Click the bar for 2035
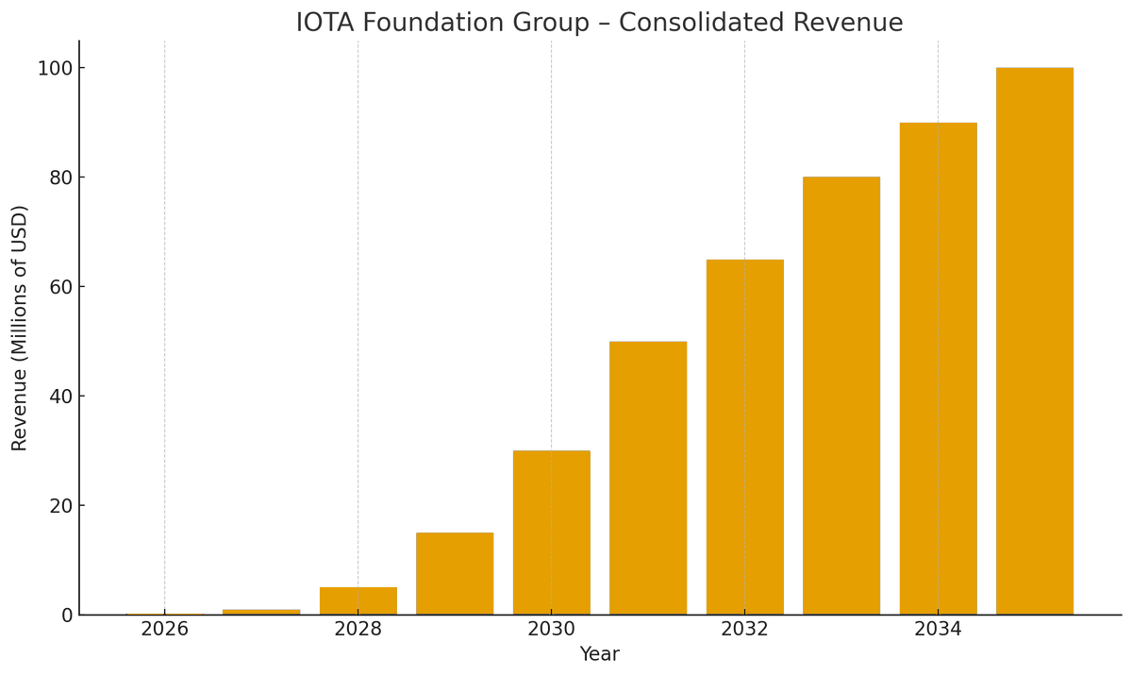[x=1034, y=341]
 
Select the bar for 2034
[x=938, y=368]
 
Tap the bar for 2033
[x=841, y=396]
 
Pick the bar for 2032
[x=744, y=437]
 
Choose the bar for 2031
[x=648, y=478]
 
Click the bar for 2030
[x=552, y=532]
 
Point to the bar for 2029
[x=455, y=573]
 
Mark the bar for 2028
[x=358, y=600]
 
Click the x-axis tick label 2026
[x=165, y=630]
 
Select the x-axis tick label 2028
[x=358, y=630]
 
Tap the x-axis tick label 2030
[x=552, y=630]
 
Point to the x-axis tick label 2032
[x=744, y=630]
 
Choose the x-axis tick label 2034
[x=938, y=630]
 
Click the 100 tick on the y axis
[x=55, y=68]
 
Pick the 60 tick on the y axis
[x=60, y=287]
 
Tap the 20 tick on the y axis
[x=60, y=505]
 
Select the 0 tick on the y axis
[x=66, y=615]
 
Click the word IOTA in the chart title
[x=326, y=23]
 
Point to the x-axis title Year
[x=599, y=654]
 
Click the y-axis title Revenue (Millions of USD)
[x=20, y=328]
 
